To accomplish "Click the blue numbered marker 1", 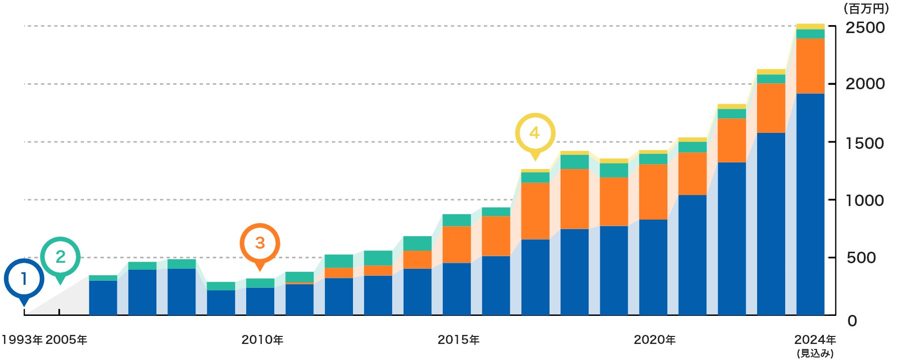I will [24, 279].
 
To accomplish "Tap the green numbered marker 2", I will [60, 257].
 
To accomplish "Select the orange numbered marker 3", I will [260, 243].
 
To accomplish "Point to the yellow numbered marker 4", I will [535, 133].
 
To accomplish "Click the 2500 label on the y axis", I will [865, 28].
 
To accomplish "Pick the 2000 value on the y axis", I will [865, 84].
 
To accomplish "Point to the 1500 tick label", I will [865, 143].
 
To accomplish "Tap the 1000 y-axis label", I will [865, 201].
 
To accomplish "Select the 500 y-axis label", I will [861, 258].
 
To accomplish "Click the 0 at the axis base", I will [852, 321].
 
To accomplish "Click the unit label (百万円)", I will [865, 9].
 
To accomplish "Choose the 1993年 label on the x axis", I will [22, 340].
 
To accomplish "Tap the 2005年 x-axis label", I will [66, 340].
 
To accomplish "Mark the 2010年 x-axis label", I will [262, 340].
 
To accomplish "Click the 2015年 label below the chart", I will [458, 340].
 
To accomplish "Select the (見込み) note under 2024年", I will [815, 353].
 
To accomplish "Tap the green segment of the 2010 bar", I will [260, 283].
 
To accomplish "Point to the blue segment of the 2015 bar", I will [456, 288].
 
